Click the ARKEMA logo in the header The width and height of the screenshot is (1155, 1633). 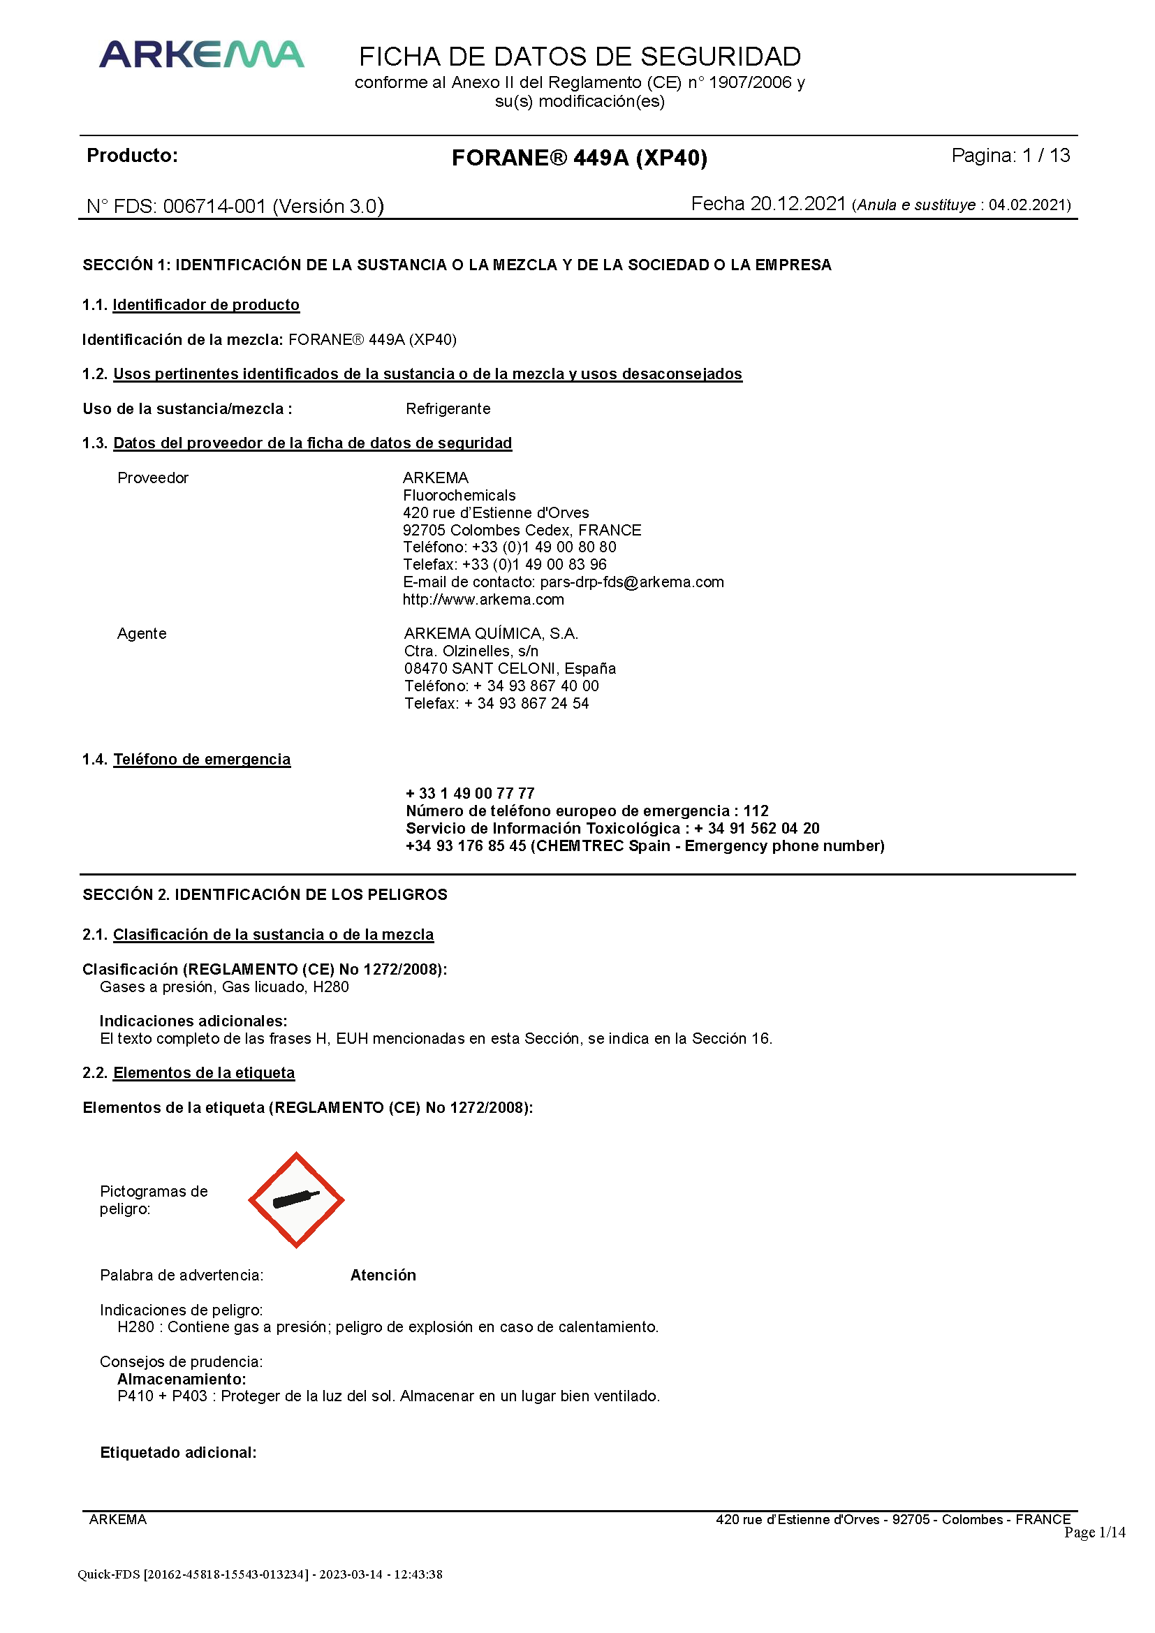[201, 54]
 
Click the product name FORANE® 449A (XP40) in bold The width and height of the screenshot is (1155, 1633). [579, 157]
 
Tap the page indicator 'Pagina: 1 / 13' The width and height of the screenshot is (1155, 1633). [1010, 155]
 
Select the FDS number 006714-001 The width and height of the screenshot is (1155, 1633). [214, 206]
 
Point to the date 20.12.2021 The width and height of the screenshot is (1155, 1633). [797, 204]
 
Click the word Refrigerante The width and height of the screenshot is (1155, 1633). [448, 409]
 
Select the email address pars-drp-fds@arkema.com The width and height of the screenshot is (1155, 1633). [631, 582]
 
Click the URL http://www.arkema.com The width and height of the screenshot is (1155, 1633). [483, 600]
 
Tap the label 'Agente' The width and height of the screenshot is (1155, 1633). [142, 634]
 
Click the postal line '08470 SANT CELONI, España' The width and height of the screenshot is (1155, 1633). [510, 669]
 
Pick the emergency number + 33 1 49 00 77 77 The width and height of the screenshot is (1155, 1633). [470, 793]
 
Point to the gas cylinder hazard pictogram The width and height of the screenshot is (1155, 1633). [296, 1200]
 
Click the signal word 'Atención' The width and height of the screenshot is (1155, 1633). [383, 1276]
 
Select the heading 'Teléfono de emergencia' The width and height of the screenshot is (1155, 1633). [202, 760]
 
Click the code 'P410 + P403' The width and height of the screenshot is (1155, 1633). [162, 1396]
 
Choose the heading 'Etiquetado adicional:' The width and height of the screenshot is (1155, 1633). [178, 1452]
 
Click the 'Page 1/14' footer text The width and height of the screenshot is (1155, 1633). [1094, 1532]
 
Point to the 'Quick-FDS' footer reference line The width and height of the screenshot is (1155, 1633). [260, 1574]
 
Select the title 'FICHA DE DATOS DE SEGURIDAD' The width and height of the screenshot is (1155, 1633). [580, 56]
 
